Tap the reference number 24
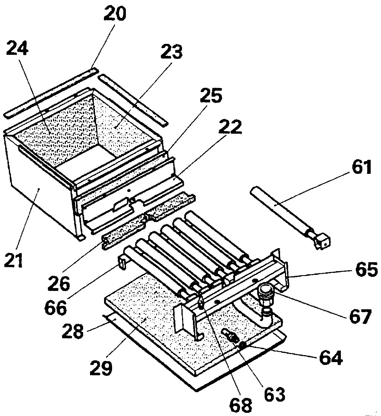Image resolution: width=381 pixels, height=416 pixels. click(x=17, y=48)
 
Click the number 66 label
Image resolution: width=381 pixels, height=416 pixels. click(x=56, y=306)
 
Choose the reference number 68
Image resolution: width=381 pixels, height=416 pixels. click(x=241, y=405)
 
